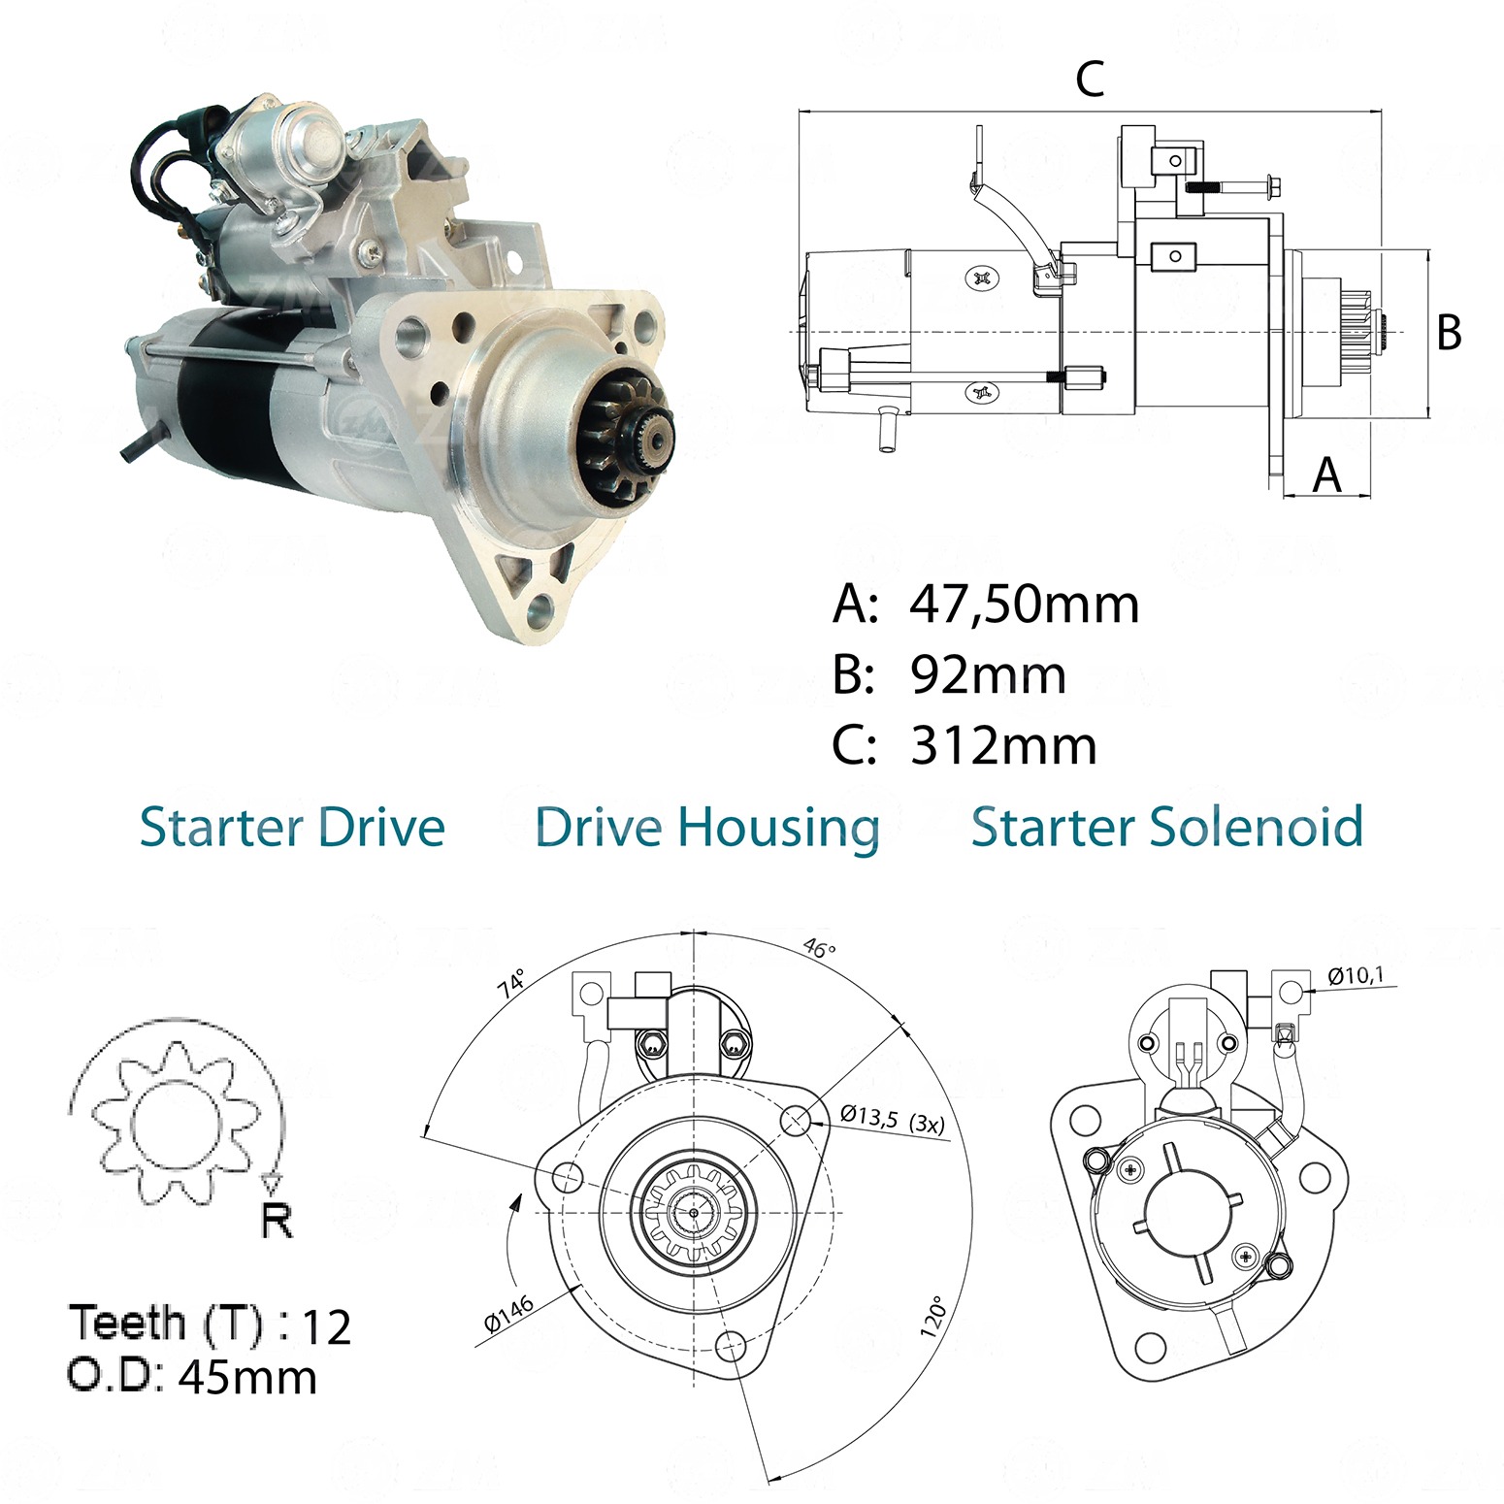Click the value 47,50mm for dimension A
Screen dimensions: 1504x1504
click(x=1024, y=605)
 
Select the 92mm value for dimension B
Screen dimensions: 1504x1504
click(x=988, y=675)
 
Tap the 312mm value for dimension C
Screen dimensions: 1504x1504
click(x=1003, y=746)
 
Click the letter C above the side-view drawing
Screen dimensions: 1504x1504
click(x=1090, y=79)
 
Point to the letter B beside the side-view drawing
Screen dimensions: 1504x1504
click(x=1449, y=332)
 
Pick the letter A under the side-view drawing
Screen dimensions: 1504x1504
click(x=1326, y=474)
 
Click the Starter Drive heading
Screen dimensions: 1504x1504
click(x=292, y=828)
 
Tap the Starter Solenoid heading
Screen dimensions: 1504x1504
click(x=1167, y=828)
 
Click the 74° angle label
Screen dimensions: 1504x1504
click(x=511, y=983)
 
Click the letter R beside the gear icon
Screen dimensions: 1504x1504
click(x=278, y=1220)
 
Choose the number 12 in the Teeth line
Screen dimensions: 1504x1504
click(x=327, y=1327)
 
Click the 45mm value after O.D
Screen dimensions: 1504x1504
click(x=248, y=1377)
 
